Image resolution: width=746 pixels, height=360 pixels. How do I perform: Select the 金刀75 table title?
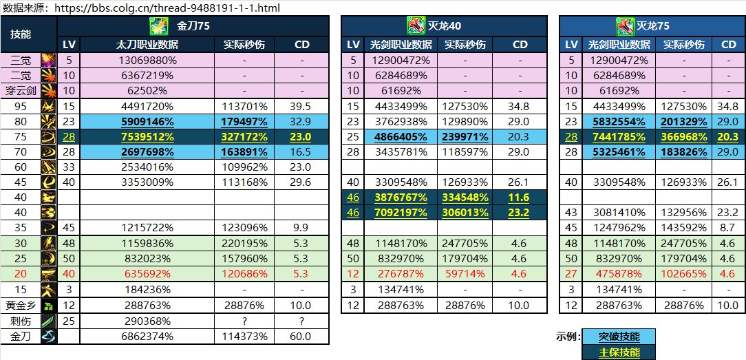(x=193, y=26)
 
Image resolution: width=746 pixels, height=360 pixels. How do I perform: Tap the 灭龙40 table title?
(x=443, y=26)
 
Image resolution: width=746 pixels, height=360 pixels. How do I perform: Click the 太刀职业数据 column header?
(x=148, y=45)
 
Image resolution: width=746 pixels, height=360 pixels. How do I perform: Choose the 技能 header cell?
(x=20, y=34)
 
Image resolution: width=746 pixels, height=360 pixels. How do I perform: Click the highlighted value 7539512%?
(x=148, y=136)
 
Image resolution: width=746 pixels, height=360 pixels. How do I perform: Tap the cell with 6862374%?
(x=148, y=337)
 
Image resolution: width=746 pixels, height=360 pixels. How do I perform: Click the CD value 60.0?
(x=302, y=337)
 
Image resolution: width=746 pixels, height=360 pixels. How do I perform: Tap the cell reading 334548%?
(x=464, y=198)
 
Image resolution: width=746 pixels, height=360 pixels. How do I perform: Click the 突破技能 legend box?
(x=619, y=337)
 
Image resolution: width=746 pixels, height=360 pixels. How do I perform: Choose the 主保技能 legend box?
(x=619, y=352)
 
